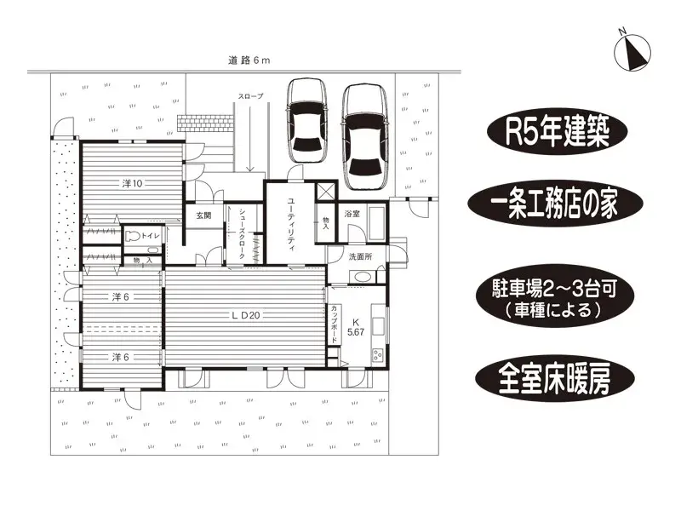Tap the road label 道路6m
[249, 60]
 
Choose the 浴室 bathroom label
[352, 215]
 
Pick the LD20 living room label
[246, 314]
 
